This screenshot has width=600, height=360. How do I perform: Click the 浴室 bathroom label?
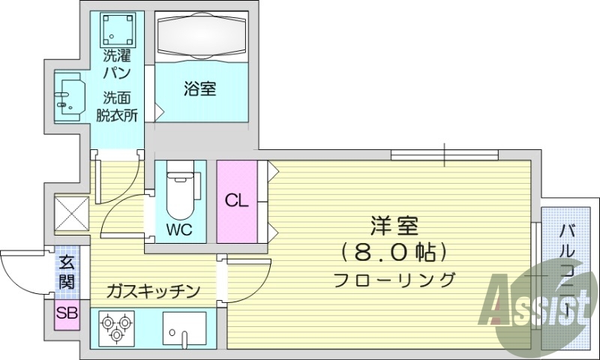(199, 89)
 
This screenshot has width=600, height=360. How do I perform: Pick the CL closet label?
(235, 201)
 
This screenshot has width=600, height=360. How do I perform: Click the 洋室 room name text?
(394, 224)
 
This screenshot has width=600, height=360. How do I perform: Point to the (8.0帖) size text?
(393, 250)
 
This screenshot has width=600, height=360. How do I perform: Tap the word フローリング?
(394, 280)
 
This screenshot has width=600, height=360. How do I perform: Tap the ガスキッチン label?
(153, 290)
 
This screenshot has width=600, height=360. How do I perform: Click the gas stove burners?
(116, 328)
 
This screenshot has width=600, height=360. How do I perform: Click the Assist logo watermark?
(537, 304)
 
